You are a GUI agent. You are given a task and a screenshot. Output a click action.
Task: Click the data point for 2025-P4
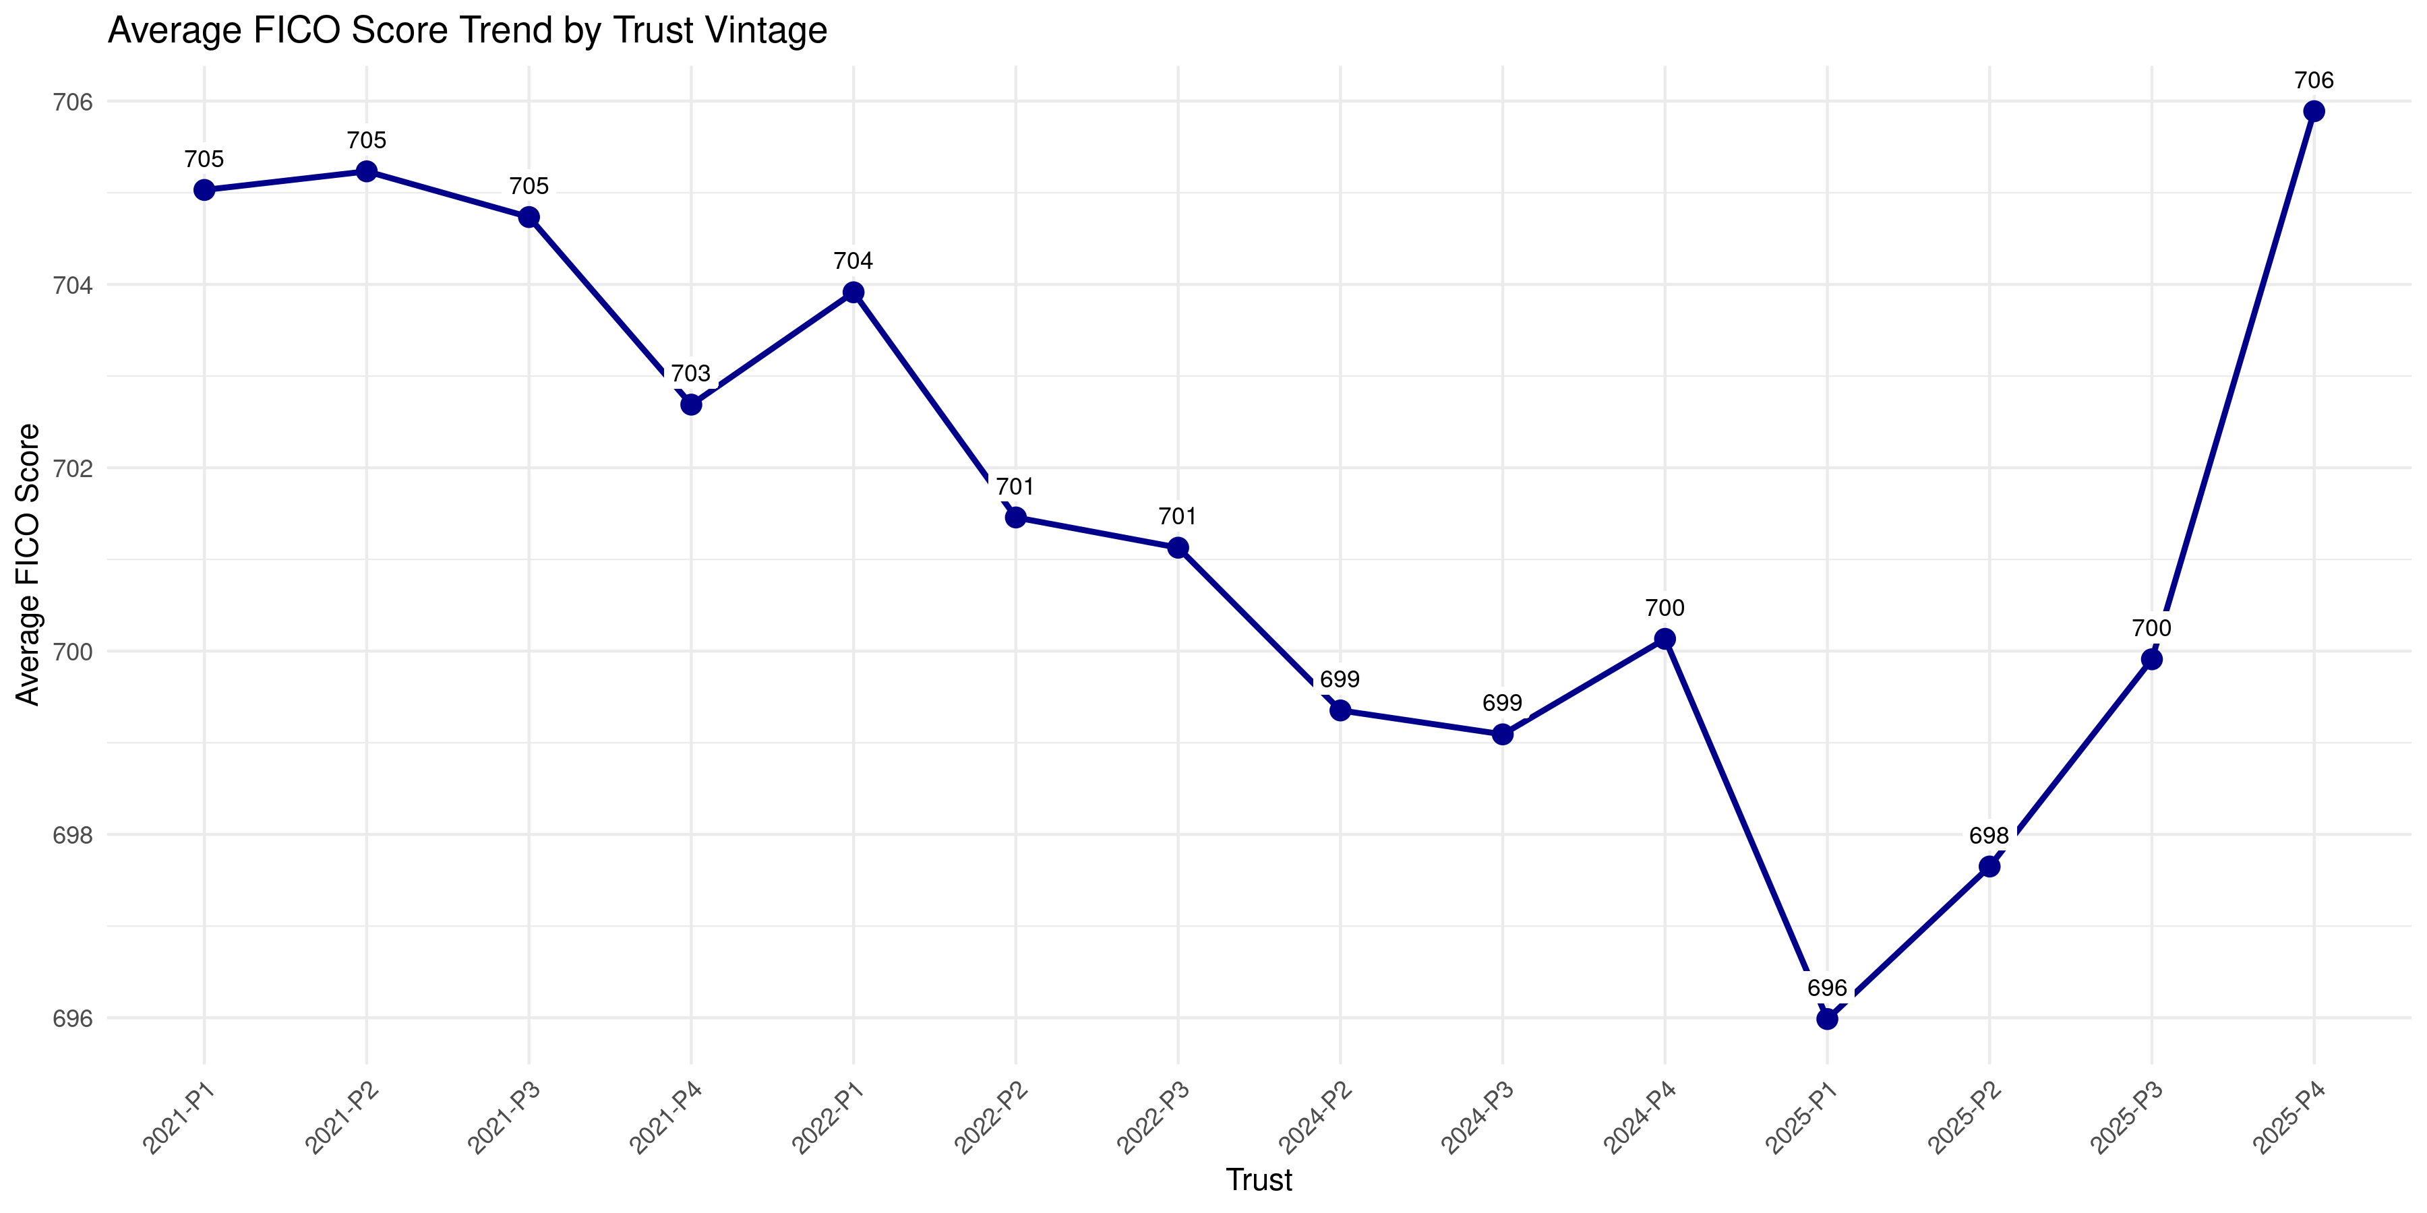click(x=2313, y=112)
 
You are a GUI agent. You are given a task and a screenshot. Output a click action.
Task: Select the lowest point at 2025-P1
click(x=1827, y=1018)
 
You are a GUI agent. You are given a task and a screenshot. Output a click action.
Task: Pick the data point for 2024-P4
click(x=1665, y=639)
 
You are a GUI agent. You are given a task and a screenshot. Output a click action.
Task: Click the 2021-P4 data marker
click(x=692, y=404)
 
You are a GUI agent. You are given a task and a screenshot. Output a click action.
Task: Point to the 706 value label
click(x=2313, y=81)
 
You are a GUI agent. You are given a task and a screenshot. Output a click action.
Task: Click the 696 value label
click(x=1827, y=988)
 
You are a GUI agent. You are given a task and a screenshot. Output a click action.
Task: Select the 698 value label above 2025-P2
click(x=1989, y=836)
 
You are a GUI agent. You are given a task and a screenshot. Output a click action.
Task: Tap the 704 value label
click(x=853, y=261)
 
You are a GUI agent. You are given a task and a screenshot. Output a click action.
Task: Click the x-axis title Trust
click(x=1259, y=1180)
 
